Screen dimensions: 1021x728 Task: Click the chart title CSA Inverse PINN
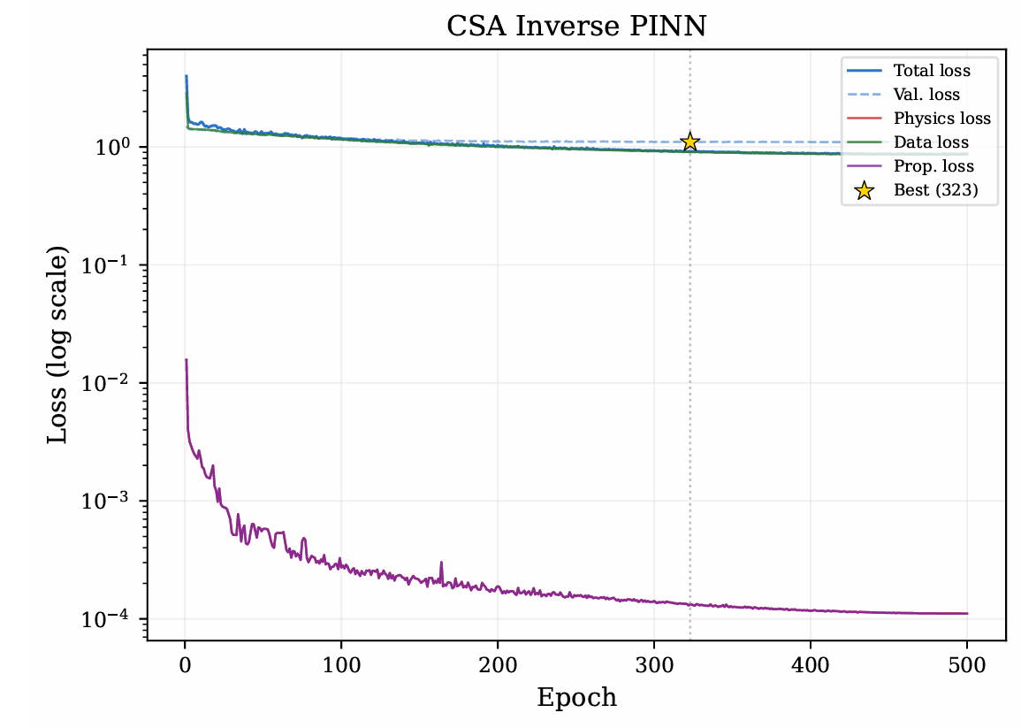coord(576,27)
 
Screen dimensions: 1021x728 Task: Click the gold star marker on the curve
coord(690,142)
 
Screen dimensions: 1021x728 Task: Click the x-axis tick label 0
coord(186,665)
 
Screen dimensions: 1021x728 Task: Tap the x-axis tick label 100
coord(341,665)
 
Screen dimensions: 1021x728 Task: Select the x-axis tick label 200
coord(499,665)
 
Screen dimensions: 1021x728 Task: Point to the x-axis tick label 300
coord(654,665)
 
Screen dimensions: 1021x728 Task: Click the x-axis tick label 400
coord(811,665)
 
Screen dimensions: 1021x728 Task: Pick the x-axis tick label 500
coord(967,665)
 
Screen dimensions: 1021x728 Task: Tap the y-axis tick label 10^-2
coord(106,382)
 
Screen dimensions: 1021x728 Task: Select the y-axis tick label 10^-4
coord(106,617)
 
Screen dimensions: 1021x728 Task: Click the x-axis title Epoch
coord(576,698)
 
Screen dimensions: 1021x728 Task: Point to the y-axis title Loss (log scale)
coord(57,345)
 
